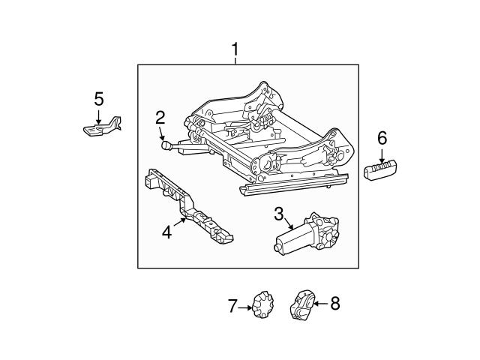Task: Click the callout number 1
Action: (235, 50)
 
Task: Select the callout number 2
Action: (160, 116)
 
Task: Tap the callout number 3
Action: (278, 214)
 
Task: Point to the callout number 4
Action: (166, 232)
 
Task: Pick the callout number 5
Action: (98, 98)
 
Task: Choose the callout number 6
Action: (382, 137)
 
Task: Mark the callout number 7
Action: (232, 305)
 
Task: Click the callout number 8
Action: (334, 304)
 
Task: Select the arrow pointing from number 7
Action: (247, 306)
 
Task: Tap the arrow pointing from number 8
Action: (319, 304)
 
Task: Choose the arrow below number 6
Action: (382, 154)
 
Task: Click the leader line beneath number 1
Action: (235, 61)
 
